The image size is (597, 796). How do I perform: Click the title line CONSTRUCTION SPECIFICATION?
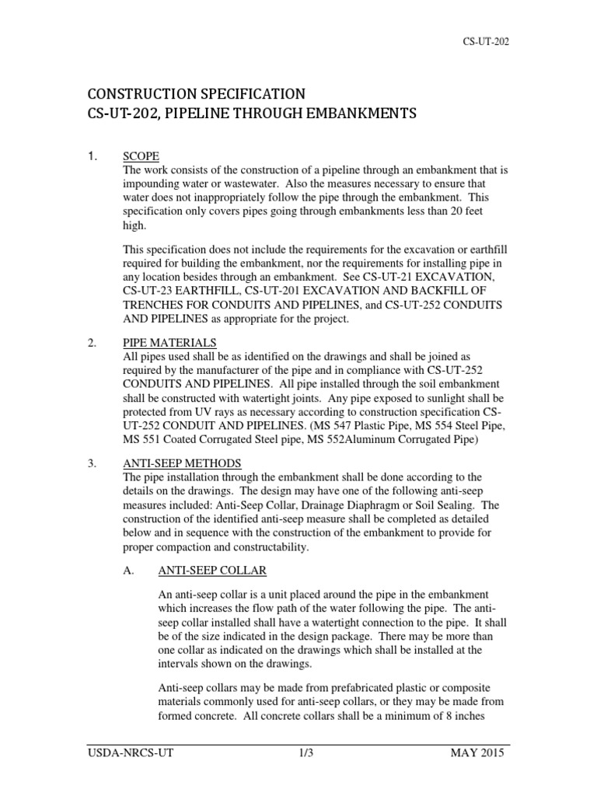pos(198,94)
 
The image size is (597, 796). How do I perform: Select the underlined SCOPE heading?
pos(141,155)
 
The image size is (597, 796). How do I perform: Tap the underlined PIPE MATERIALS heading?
pos(170,342)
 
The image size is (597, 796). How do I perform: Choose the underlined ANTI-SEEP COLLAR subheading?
pos(212,571)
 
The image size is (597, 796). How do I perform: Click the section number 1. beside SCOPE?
pos(92,155)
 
